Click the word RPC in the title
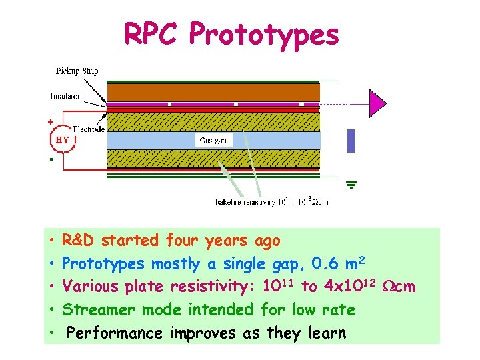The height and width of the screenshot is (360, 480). [x=152, y=34]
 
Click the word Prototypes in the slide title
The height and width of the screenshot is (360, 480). [x=263, y=35]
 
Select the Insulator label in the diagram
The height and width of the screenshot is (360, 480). [x=65, y=96]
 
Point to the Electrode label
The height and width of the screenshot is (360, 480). [x=89, y=129]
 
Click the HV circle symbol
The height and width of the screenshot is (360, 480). [x=62, y=141]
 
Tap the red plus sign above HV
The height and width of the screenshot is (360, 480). [x=49, y=123]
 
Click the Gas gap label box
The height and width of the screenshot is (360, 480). [x=213, y=140]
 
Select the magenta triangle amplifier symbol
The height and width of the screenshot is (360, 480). [x=377, y=103]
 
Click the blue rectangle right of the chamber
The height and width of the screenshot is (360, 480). [x=351, y=141]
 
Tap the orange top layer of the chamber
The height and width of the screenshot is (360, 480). [x=213, y=91]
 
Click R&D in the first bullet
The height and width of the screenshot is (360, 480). [x=78, y=240]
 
